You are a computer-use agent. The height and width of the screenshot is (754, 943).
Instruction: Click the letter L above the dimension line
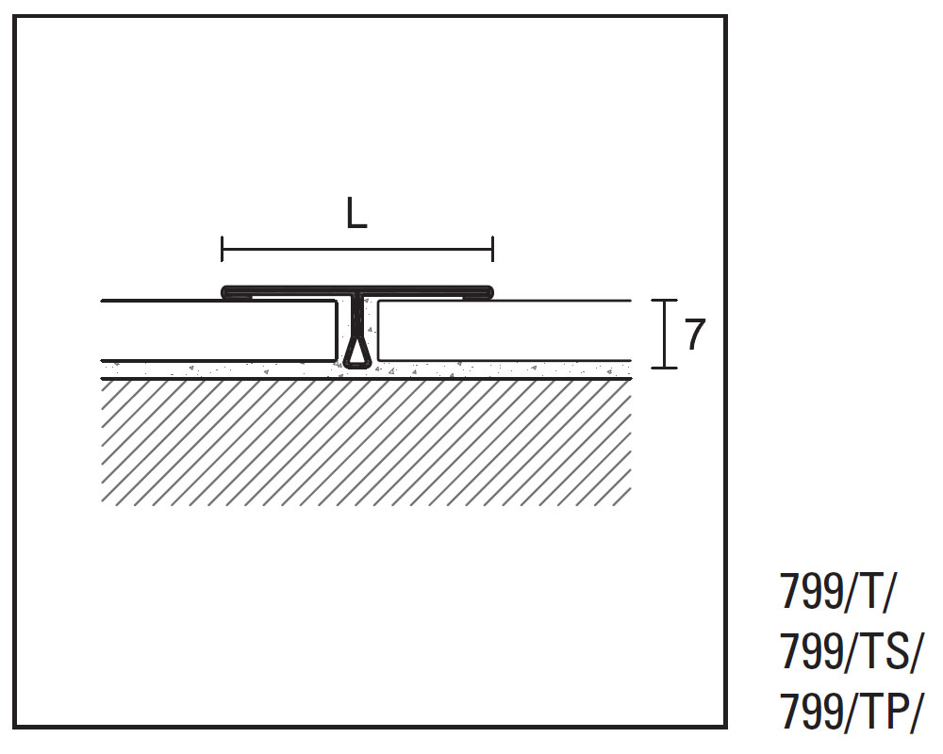pyautogui.click(x=355, y=215)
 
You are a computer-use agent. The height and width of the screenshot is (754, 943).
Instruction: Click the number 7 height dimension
pyautogui.click(x=694, y=335)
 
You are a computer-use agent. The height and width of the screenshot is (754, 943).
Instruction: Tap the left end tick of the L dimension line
pyautogui.click(x=222, y=250)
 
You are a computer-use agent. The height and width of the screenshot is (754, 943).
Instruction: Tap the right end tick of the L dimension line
pyautogui.click(x=492, y=250)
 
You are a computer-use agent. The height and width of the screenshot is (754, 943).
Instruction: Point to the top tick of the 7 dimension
pyautogui.click(x=665, y=301)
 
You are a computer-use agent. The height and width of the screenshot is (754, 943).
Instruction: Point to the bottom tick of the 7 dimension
pyautogui.click(x=665, y=368)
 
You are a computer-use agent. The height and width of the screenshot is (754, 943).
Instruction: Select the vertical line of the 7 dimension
pyautogui.click(x=665, y=335)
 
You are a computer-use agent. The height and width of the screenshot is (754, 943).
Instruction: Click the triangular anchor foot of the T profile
pyautogui.click(x=357, y=352)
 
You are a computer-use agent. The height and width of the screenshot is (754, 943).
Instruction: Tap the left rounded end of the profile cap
pyautogui.click(x=226, y=292)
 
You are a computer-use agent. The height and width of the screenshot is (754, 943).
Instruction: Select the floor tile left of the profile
pyautogui.click(x=217, y=330)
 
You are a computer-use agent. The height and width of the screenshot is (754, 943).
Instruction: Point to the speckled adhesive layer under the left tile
pyautogui.click(x=217, y=369)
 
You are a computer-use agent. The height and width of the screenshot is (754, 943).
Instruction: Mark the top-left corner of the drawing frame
pyautogui.click(x=16, y=17)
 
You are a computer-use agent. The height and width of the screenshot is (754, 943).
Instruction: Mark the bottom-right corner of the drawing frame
pyautogui.click(x=725, y=727)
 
